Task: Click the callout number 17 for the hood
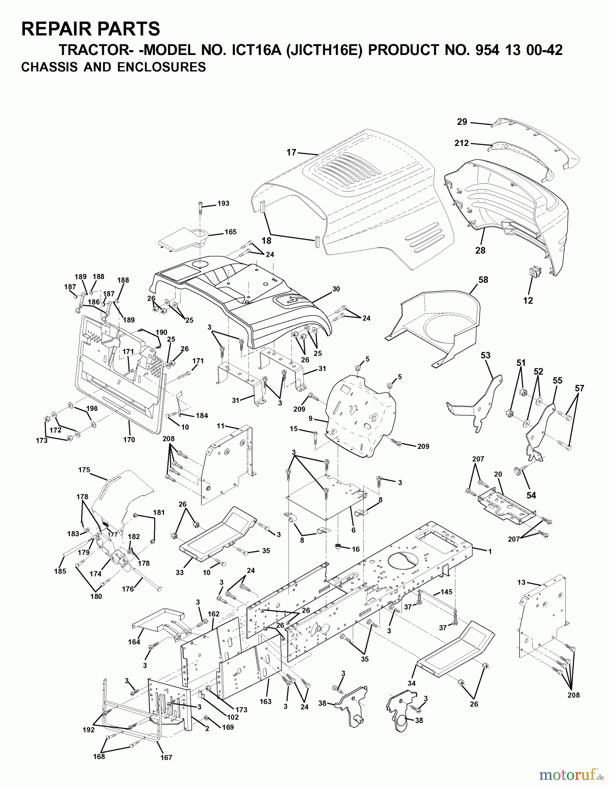coord(291,152)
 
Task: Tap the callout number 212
coord(461,143)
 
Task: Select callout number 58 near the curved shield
coord(483,279)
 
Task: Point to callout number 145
coord(446,592)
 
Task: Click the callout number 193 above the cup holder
coord(223,203)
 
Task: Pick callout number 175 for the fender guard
coord(84,470)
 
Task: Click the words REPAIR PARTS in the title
coord(90,29)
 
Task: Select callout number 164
coord(135,641)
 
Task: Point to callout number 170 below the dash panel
coord(129,440)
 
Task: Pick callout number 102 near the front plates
coord(233,717)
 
